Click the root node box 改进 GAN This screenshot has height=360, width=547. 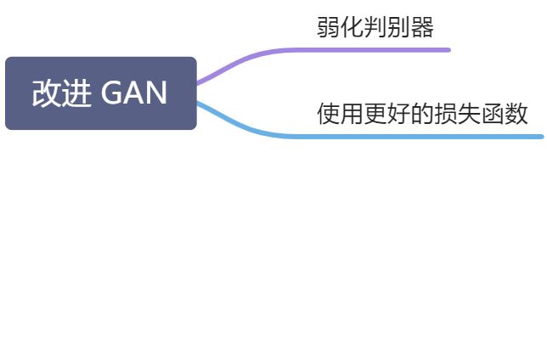[100, 93]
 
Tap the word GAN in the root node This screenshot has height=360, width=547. [134, 93]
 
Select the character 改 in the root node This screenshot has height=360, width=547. [46, 93]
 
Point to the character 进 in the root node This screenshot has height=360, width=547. [76, 93]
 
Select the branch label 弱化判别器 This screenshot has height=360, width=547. [375, 27]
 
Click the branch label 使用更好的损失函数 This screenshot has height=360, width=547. [422, 113]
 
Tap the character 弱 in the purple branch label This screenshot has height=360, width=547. [328, 27]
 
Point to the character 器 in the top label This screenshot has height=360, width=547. [422, 27]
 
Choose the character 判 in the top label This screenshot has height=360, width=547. [375, 27]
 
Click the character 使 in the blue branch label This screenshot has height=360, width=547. [328, 113]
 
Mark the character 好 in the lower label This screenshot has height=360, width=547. [399, 113]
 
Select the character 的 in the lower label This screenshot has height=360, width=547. [422, 113]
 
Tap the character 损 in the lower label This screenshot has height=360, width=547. [446, 113]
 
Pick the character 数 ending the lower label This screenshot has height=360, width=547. [516, 113]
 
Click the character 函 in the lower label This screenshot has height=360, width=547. [493, 113]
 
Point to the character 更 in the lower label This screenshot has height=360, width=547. [375, 113]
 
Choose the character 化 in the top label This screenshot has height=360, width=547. [352, 27]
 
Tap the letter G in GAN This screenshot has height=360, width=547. [111, 93]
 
